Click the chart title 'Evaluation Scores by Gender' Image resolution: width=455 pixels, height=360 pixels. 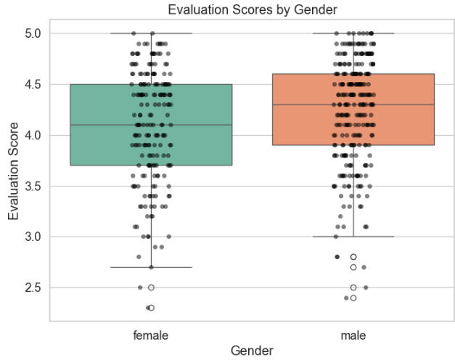click(252, 9)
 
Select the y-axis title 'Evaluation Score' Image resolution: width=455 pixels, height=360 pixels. click(14, 171)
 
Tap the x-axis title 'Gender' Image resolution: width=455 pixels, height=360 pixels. click(252, 351)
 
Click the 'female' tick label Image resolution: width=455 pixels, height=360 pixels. click(151, 335)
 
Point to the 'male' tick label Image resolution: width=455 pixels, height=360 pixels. click(353, 335)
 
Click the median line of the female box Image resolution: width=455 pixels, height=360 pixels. click(151, 125)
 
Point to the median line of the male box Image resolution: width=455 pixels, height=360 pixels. click(353, 105)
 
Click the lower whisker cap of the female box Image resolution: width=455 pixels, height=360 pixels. click(151, 267)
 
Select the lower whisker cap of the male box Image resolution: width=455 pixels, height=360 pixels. click(353, 237)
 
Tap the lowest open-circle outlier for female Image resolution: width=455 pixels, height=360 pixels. click(151, 308)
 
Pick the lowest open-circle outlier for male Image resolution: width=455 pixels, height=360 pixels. click(353, 298)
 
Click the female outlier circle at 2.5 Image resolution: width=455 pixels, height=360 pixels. click(151, 287)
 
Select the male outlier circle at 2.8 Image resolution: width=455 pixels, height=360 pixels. click(353, 257)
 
